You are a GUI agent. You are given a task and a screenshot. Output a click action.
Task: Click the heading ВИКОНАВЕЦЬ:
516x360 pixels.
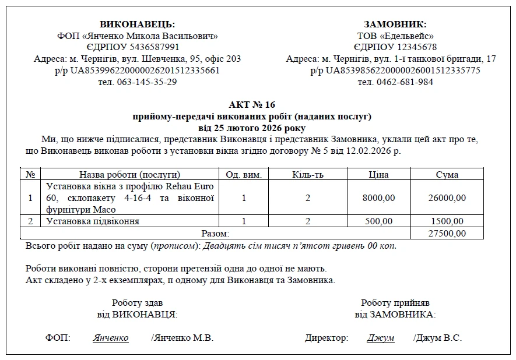click(138, 24)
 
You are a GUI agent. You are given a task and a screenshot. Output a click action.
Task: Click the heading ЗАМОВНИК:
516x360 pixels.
click(395, 24)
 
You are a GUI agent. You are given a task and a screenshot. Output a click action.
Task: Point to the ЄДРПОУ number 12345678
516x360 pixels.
click(411, 47)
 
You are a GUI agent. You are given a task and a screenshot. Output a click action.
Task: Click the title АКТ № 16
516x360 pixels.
click(252, 105)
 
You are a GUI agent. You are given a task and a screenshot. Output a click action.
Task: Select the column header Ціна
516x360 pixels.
click(378, 174)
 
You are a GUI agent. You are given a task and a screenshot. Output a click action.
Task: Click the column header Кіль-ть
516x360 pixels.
click(307, 174)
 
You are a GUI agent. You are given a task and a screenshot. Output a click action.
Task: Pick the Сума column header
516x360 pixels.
click(447, 174)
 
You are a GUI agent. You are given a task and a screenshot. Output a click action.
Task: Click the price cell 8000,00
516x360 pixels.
click(378, 198)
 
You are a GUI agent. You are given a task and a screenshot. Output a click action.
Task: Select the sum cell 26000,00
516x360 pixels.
click(447, 198)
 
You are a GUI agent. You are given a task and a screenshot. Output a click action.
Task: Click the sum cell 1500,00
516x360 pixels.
click(447, 221)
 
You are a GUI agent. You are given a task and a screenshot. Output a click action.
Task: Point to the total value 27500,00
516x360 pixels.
click(447, 233)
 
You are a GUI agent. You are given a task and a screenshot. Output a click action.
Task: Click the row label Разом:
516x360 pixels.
click(215, 233)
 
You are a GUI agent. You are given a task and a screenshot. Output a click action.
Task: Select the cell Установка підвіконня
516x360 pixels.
click(93, 221)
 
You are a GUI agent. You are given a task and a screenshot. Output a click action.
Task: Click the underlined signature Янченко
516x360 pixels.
click(111, 338)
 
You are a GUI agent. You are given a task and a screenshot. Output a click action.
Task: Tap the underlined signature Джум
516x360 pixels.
click(380, 338)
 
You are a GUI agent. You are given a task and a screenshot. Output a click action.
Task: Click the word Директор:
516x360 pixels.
click(327, 338)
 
